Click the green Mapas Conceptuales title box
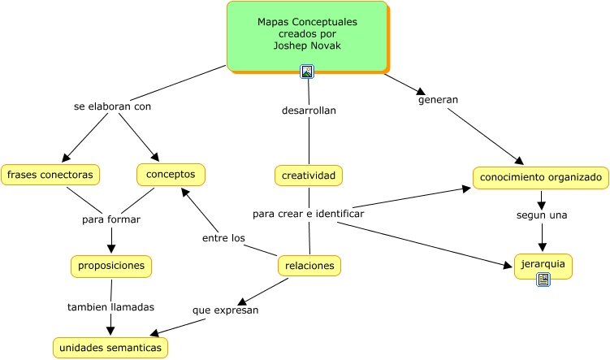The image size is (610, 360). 306,35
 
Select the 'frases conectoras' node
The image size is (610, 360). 50,175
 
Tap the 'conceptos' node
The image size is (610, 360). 171,174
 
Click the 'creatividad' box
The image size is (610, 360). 308,175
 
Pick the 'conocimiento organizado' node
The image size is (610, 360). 540,177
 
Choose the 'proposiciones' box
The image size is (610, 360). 110,266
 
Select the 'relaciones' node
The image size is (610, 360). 309,265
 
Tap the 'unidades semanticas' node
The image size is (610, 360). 110,348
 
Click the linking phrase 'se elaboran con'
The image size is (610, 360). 112,106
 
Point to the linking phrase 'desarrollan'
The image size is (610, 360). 309,111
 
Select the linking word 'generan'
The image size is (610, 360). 438,100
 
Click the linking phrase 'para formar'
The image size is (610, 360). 111,219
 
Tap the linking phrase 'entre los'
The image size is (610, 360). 223,238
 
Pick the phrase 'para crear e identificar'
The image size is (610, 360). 308,214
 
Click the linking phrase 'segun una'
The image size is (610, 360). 542,215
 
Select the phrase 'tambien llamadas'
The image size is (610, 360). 110,307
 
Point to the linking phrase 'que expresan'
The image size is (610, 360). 225,310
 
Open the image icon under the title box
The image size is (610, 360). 307,72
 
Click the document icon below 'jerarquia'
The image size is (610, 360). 543,280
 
